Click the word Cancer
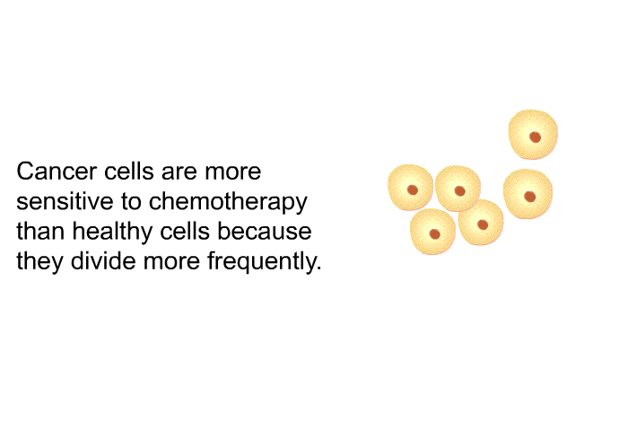click(57, 172)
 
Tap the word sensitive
click(65, 201)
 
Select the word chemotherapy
click(228, 203)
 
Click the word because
click(265, 231)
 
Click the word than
click(40, 231)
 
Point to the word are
click(179, 172)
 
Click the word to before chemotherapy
click(131, 202)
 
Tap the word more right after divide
click(171, 262)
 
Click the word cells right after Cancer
click(129, 172)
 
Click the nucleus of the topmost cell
click(535, 137)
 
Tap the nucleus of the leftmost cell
click(413, 189)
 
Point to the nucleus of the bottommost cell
click(434, 233)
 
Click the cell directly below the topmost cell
click(528, 194)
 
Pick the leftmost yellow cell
click(411, 188)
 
